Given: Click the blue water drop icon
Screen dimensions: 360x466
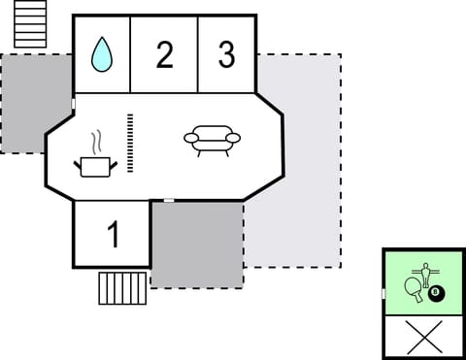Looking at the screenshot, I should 101,55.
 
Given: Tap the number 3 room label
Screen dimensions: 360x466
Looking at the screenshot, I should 226,55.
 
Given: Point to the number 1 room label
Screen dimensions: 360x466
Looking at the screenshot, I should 113,235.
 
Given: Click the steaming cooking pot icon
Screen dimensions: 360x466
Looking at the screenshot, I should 94,166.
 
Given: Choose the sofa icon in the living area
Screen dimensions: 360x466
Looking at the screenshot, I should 212,141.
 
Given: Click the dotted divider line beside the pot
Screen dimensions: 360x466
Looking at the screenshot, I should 129,143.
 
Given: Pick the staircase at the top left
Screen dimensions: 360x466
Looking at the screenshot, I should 30,24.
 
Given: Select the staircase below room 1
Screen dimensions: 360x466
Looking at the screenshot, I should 122,287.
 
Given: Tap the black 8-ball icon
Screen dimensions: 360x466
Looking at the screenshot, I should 435,292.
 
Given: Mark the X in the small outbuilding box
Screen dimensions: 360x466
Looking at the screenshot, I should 423,337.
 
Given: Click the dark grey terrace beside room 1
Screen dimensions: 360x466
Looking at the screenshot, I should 197,245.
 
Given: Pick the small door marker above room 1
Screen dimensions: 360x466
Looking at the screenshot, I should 169,200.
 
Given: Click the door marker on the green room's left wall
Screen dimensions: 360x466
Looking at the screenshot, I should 383,293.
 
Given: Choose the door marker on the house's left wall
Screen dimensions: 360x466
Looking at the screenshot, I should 74,104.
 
